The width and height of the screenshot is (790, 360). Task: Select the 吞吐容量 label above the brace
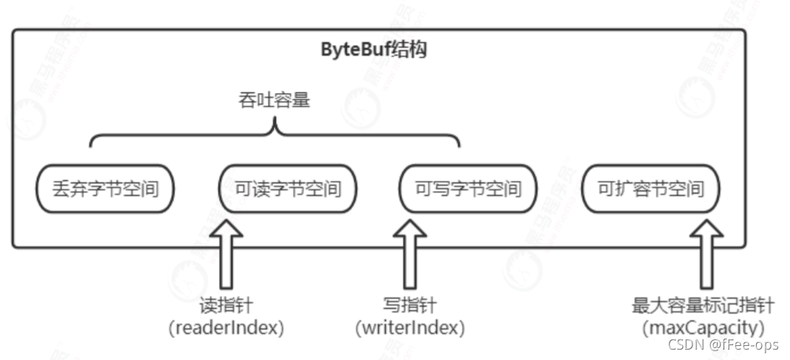(x=275, y=100)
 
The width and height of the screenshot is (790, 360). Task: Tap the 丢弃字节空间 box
(x=105, y=189)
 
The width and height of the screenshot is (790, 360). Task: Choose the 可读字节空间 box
(x=288, y=189)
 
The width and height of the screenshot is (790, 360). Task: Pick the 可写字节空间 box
(x=468, y=189)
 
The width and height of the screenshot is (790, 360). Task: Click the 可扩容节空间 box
(x=651, y=189)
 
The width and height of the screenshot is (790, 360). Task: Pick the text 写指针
(x=409, y=305)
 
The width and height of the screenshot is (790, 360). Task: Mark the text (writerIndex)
(x=409, y=327)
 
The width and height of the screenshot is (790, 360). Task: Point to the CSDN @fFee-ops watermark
(x=724, y=345)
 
